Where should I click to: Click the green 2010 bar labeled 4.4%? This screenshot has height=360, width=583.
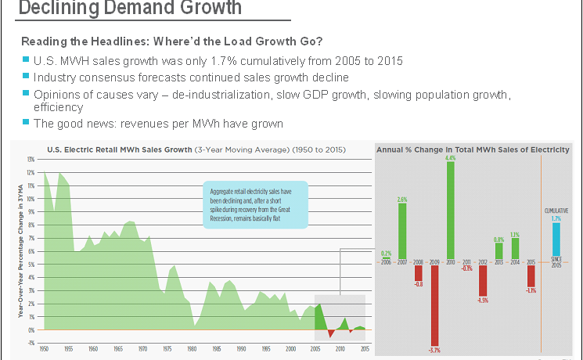coord(451,211)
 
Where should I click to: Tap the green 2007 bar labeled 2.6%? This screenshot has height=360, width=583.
coord(402,232)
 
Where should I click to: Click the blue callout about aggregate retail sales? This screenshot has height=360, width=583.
coord(255,205)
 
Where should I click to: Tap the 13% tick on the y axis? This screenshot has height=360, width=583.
coord(31,159)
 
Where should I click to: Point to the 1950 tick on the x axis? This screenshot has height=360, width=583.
coord(44,347)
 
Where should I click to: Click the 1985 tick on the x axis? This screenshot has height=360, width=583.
coord(215,347)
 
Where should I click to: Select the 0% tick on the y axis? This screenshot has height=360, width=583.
coord(31,329)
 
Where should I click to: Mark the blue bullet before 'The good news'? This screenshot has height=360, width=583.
coord(26,124)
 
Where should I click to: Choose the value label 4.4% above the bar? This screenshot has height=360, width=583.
coord(450,158)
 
